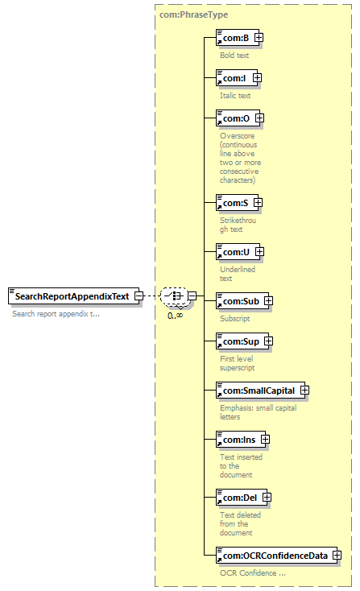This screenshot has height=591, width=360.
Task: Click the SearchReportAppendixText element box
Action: pos(73,296)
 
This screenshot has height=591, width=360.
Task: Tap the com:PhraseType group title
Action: pos(194,14)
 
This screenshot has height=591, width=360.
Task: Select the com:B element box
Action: pos(238,38)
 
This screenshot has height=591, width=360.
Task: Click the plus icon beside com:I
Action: pos(257,77)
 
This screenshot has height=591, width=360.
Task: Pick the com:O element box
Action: pos(238,118)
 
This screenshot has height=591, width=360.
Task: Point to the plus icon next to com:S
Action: pos(258,203)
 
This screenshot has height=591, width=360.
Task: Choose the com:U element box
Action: pos(238,252)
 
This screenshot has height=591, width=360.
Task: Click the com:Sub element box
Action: pos(242,301)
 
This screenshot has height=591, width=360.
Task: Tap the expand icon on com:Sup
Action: pos(268,341)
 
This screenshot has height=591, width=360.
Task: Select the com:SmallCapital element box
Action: pos(260,390)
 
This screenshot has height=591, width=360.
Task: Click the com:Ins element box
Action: pos(241,440)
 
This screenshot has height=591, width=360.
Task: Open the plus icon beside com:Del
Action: pos(267,498)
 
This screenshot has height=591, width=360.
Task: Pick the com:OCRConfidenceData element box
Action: pos(277,556)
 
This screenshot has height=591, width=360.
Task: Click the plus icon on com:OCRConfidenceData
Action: pos(337,556)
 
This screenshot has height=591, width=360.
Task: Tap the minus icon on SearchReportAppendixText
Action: pos(139,295)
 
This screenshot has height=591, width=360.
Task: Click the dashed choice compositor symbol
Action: pos(174,295)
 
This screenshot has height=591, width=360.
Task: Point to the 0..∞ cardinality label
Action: pos(176,316)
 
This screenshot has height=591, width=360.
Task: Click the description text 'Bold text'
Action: pos(234,55)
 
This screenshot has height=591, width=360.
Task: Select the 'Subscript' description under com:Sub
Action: pos(235,319)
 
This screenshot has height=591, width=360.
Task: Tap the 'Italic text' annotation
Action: pos(235,95)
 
